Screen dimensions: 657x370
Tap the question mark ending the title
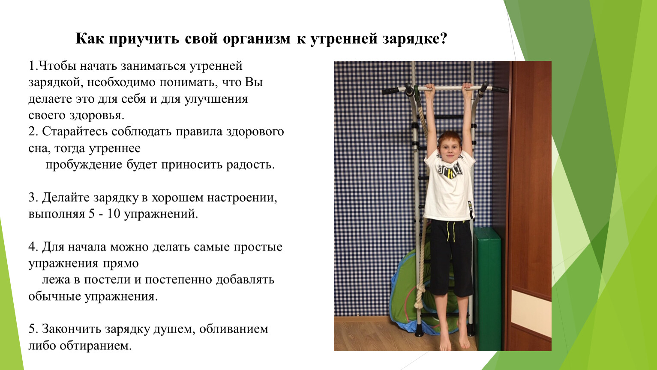(x=444, y=38)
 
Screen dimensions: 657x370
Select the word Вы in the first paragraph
(x=254, y=82)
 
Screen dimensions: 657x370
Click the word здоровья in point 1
(x=97, y=116)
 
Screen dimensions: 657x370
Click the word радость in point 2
(x=250, y=165)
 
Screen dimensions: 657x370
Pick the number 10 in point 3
(x=114, y=214)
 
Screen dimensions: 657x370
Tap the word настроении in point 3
(x=242, y=198)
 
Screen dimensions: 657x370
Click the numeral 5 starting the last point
(x=33, y=329)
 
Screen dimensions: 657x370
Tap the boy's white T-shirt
(x=449, y=188)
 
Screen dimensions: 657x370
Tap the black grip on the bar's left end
(x=390, y=91)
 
